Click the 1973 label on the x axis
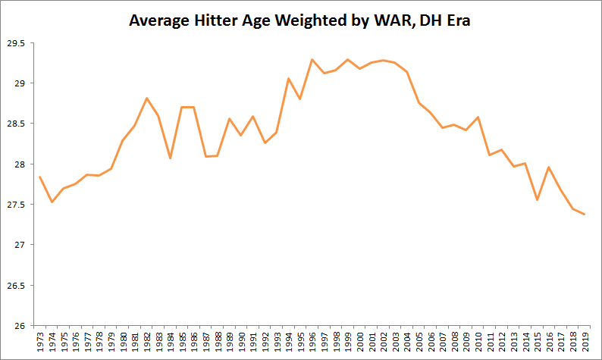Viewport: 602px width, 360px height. point(39,342)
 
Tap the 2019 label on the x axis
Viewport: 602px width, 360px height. point(583,342)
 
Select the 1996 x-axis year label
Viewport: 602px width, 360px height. point(312,342)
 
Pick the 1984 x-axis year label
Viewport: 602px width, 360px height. point(170,342)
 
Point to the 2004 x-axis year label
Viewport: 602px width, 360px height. point(406,342)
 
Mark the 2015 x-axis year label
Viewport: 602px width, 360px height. point(536,342)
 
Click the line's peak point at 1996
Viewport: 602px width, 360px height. point(312,59)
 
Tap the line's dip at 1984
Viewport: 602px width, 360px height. point(170,158)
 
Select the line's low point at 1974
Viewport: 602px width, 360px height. point(52,202)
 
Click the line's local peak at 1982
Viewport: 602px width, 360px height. point(146,99)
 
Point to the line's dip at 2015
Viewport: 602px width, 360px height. point(536,200)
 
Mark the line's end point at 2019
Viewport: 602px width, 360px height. point(583,214)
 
